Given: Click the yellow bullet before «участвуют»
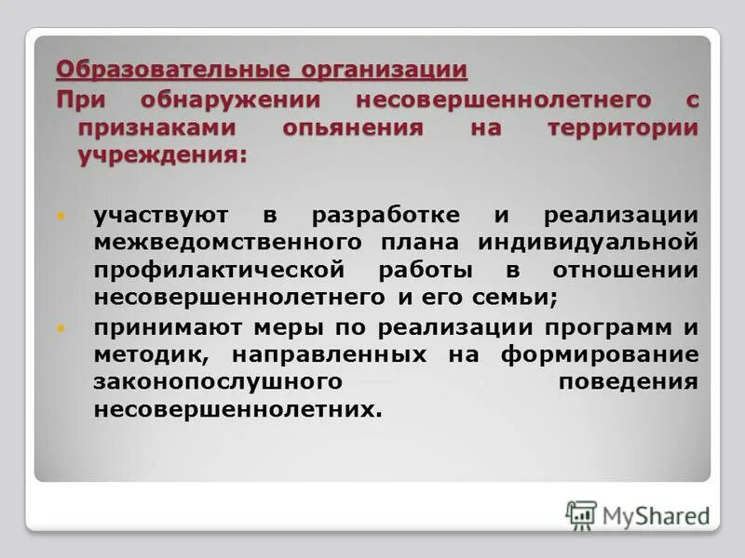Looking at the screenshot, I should click(x=62, y=216).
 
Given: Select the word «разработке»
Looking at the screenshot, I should click(x=385, y=216).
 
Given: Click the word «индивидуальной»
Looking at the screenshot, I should click(x=588, y=243).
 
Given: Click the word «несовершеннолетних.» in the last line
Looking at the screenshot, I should click(x=237, y=410).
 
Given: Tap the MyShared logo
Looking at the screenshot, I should click(x=637, y=514).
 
